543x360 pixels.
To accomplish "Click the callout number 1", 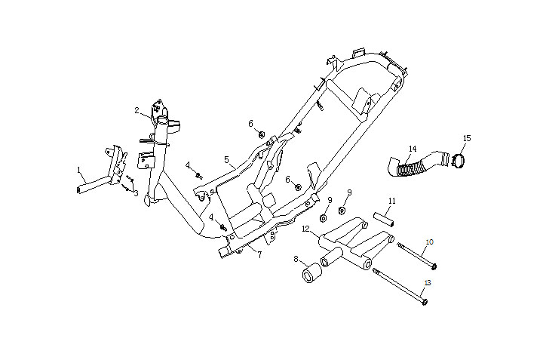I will [78, 170].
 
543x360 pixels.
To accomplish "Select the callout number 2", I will [137, 111].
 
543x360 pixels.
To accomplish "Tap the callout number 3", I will [136, 194].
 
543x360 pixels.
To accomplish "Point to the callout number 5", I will [225, 160].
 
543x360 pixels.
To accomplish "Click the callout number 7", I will [259, 255].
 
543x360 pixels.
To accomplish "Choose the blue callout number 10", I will [430, 242].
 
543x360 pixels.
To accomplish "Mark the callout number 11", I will [392, 201].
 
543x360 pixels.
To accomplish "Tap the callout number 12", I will [305, 228].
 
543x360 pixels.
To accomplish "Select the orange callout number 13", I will [427, 282].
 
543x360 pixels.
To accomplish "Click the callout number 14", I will [413, 149].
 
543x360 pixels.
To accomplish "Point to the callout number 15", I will [467, 138].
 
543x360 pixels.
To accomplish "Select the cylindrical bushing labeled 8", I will [311, 275].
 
